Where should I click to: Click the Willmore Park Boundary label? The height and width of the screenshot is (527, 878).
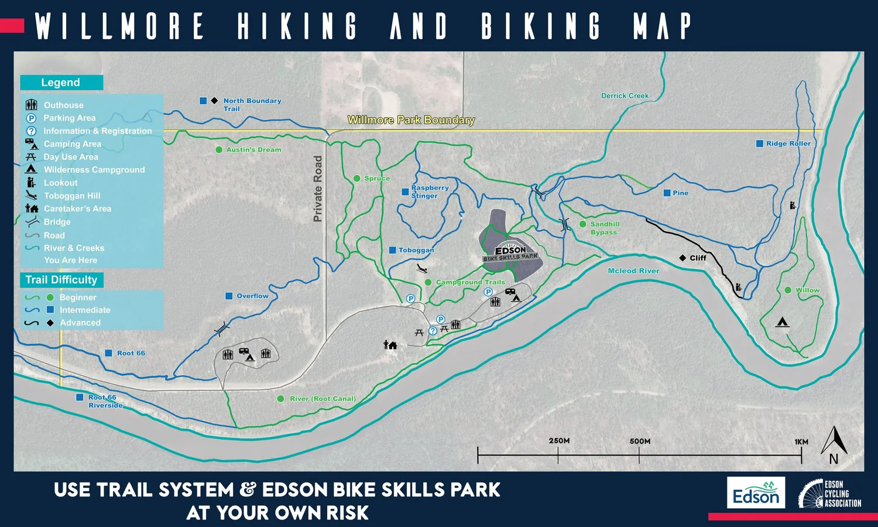[411, 120]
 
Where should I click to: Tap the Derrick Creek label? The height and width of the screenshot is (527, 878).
[625, 96]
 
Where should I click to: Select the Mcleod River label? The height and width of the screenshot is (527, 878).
[633, 271]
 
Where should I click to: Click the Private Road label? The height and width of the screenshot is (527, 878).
[318, 189]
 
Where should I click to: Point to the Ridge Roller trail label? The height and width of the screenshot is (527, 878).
[788, 143]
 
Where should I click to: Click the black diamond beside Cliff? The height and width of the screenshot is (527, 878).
[682, 258]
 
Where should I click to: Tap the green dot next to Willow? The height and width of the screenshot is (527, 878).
[788, 290]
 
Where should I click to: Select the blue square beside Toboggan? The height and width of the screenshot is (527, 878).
[393, 250]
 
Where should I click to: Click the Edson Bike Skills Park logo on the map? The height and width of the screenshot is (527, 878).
[510, 254]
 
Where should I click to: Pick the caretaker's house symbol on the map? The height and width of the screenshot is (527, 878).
[390, 345]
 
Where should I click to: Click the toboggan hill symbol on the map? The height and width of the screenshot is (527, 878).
[422, 268]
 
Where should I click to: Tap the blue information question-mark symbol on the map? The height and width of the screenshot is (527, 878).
[433, 331]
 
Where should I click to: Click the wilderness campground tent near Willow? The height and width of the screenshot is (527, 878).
[782, 322]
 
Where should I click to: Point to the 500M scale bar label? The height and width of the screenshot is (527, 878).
[640, 441]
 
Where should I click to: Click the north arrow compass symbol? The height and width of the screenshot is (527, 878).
[834, 445]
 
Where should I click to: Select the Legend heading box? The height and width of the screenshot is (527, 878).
[61, 83]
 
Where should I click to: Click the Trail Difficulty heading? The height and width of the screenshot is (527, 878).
[61, 280]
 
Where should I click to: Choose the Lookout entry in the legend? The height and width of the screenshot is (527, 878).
[60, 183]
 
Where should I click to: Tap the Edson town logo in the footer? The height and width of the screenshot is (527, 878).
[756, 492]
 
